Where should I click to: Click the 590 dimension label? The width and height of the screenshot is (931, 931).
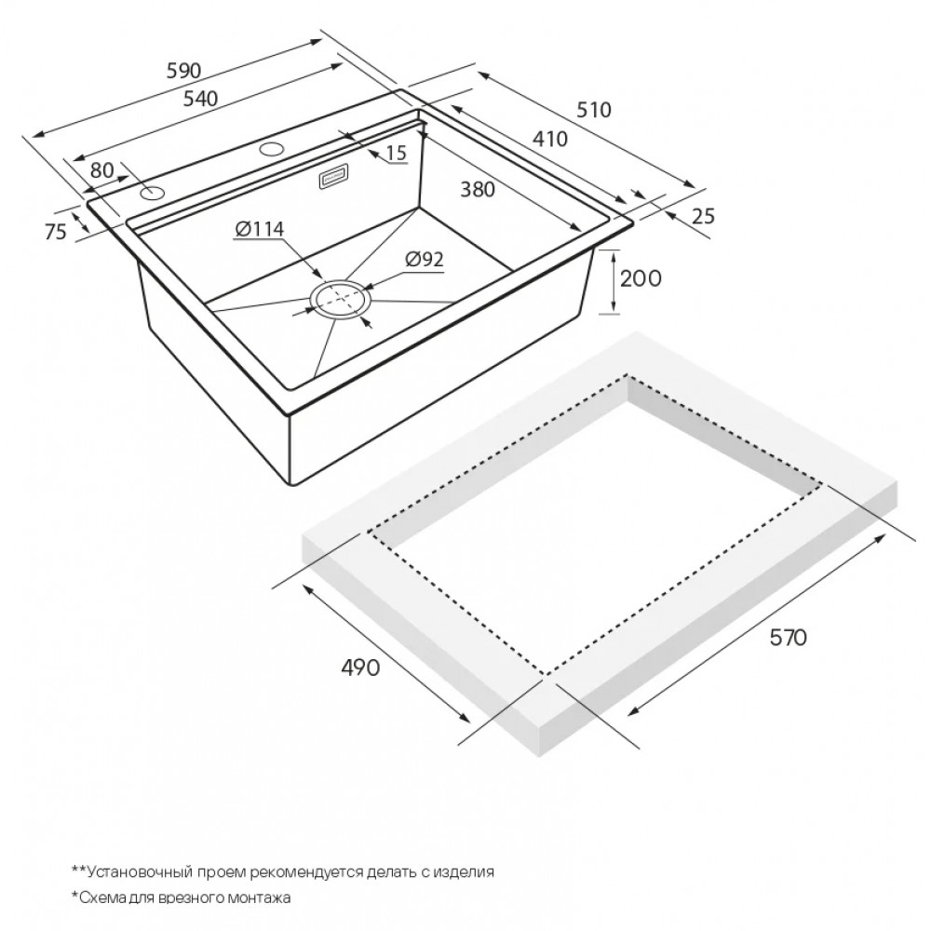183,71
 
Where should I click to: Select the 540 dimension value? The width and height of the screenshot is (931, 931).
200,99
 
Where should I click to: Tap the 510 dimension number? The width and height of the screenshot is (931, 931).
594,110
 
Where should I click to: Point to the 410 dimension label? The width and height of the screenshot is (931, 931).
550,139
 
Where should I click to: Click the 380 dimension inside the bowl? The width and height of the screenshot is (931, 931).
478,189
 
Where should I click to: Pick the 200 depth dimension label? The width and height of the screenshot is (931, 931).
641,277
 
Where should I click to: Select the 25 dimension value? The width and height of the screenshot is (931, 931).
703,216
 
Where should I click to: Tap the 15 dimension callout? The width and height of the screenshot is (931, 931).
396,154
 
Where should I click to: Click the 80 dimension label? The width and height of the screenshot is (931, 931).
102,170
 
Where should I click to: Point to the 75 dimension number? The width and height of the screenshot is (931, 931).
56,232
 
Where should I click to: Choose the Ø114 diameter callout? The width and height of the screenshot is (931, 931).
260,229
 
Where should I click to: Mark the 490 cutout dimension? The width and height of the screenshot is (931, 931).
359,668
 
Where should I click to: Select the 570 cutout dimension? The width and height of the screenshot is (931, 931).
788,637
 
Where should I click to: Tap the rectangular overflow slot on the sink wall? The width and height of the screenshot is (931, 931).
334,177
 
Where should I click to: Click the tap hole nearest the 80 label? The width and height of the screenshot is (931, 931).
153,193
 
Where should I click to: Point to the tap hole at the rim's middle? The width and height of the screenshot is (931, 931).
271,148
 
